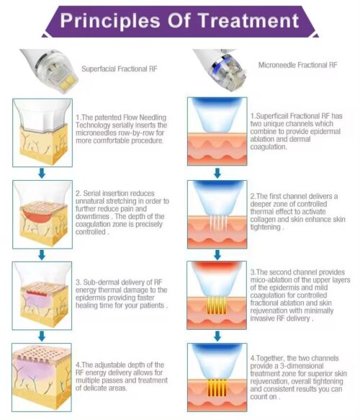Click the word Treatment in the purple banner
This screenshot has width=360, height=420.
point(248,21)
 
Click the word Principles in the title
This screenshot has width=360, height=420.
point(110,22)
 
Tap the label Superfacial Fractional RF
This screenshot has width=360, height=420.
point(120,69)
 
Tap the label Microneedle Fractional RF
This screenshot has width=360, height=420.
point(297,65)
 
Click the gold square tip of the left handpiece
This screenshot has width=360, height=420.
point(68,81)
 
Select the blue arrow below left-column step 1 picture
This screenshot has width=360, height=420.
point(42,173)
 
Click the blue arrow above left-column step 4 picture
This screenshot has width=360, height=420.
point(42,336)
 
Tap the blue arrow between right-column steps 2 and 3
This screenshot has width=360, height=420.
point(217,255)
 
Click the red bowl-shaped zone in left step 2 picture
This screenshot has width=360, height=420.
point(37,215)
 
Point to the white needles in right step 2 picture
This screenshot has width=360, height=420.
point(219,223)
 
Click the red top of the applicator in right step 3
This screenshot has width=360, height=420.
point(217,266)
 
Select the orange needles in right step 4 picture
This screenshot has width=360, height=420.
point(217,388)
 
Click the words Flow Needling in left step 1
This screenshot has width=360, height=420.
point(145,117)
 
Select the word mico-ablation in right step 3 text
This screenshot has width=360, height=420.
point(270,280)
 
